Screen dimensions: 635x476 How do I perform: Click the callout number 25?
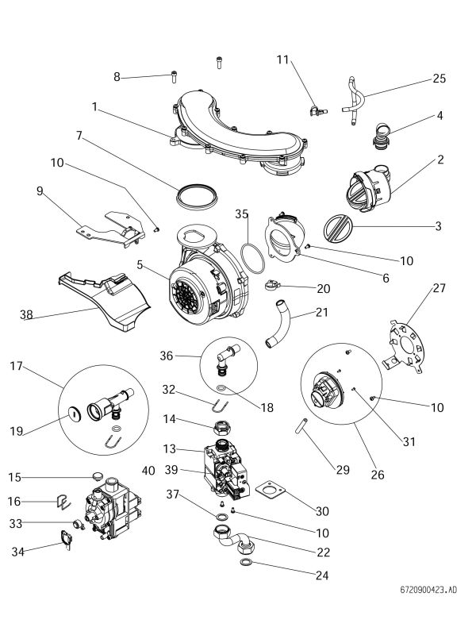coord(439,79)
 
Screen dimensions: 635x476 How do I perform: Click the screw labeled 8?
coord(175,76)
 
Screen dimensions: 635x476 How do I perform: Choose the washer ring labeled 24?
coord(247,564)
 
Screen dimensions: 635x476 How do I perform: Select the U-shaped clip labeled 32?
coord(215,407)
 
